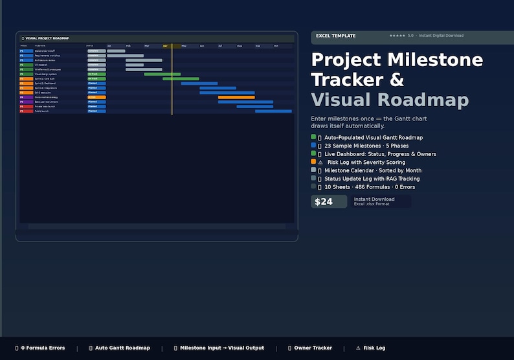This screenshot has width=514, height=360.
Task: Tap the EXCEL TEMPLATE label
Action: point(335,36)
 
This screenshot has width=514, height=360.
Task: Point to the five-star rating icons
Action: point(397,36)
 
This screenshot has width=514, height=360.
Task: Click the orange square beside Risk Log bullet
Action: point(313,162)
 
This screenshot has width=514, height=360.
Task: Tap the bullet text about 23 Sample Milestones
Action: point(366,146)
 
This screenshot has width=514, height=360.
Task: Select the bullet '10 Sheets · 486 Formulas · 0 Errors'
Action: point(370,186)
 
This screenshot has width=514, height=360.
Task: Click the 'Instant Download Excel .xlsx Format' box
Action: point(381,201)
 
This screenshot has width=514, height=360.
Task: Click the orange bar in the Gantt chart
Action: point(236,97)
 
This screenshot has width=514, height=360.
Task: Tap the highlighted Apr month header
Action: point(166,46)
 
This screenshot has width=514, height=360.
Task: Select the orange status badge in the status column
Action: point(96,97)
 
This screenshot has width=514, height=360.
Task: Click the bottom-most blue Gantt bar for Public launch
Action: point(273,111)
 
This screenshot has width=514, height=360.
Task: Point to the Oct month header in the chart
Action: point(276,46)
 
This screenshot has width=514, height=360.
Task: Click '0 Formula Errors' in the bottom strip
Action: point(43,348)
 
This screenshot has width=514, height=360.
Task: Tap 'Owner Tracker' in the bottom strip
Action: point(313,348)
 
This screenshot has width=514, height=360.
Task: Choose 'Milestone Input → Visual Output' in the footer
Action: point(222,348)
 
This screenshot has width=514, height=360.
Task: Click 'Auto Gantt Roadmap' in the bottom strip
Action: point(122,348)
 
